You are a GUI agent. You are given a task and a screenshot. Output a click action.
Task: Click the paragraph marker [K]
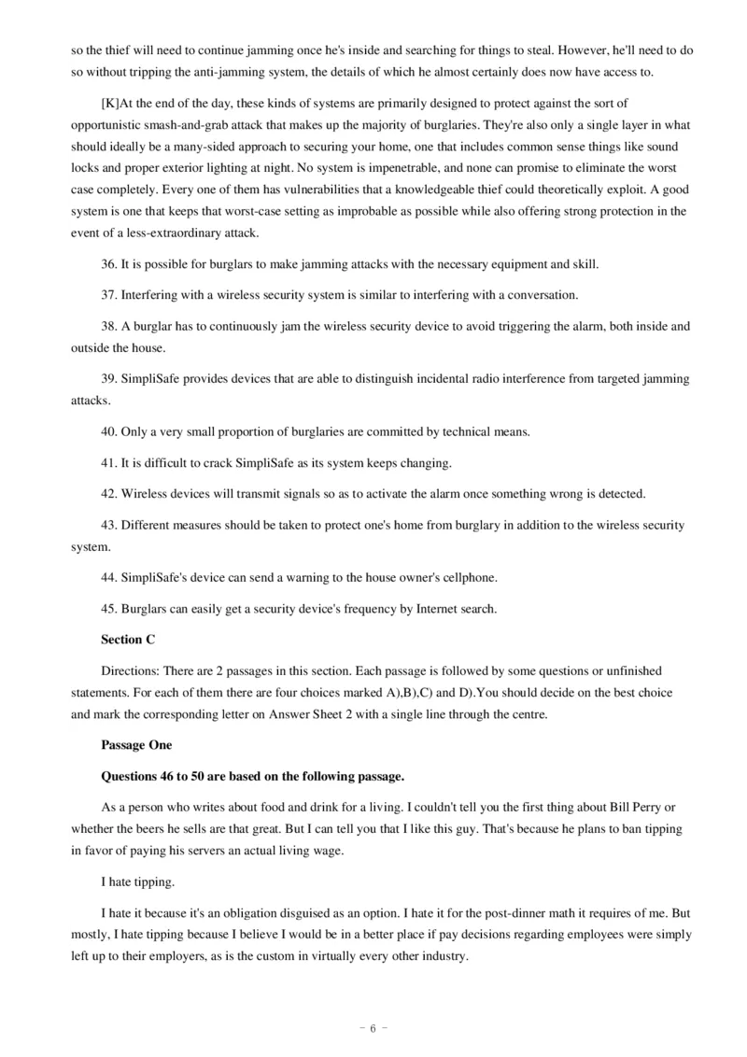110,102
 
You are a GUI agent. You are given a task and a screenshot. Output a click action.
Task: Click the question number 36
108,264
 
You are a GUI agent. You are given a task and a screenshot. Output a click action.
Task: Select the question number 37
108,295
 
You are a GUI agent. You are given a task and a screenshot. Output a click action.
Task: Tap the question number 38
108,326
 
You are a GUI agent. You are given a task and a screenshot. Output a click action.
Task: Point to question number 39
108,378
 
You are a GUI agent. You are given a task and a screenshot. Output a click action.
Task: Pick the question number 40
108,431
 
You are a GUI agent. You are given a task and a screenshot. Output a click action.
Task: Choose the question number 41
108,462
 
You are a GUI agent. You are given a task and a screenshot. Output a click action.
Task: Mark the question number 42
108,493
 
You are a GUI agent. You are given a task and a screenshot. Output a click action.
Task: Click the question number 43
108,525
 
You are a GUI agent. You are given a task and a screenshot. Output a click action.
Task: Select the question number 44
108,578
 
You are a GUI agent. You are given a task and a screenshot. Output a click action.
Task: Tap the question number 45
108,609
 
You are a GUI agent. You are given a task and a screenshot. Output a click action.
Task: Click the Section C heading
128,640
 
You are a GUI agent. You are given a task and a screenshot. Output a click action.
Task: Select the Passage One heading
136,745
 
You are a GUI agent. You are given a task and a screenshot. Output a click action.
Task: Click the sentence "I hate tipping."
134,881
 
